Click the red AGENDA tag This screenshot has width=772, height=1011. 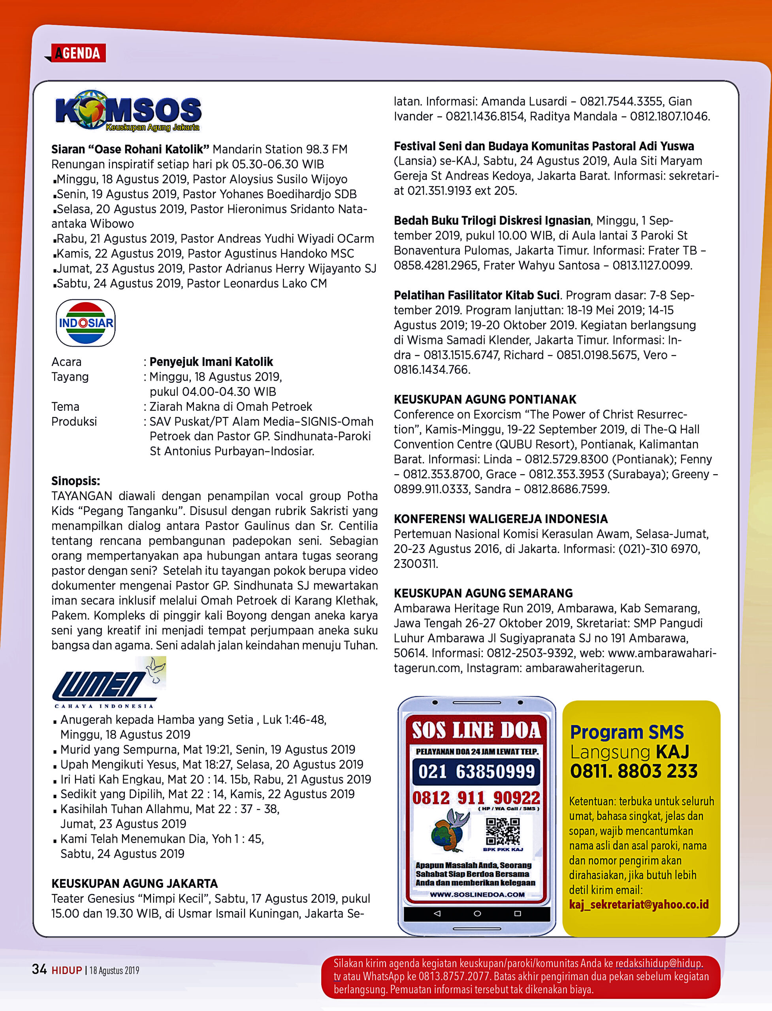pyautogui.click(x=78, y=53)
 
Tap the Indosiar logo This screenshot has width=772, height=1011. pyautogui.click(x=85, y=323)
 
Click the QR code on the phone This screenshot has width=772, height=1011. pyautogui.click(x=502, y=831)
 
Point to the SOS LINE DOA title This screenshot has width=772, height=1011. pyautogui.click(x=476, y=730)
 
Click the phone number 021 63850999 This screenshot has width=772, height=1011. pyautogui.click(x=476, y=771)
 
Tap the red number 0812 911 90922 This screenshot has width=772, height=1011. pyautogui.click(x=476, y=797)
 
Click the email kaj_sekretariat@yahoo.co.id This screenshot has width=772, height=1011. pyautogui.click(x=639, y=904)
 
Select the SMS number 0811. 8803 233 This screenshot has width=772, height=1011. pyautogui.click(x=634, y=771)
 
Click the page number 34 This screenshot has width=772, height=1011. pyautogui.click(x=39, y=969)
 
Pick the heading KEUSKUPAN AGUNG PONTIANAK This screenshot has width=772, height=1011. pyautogui.click(x=485, y=399)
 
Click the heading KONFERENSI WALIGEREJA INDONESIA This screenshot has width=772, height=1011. pyautogui.click(x=501, y=519)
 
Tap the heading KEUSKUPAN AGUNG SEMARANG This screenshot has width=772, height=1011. pyautogui.click(x=483, y=593)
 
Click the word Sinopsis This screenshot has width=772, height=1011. pyautogui.click(x=75, y=481)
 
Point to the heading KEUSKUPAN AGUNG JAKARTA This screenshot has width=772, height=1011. pyautogui.click(x=134, y=883)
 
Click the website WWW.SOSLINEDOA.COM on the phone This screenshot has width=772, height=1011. pyautogui.click(x=477, y=895)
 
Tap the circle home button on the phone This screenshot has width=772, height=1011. pyautogui.click(x=477, y=913)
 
